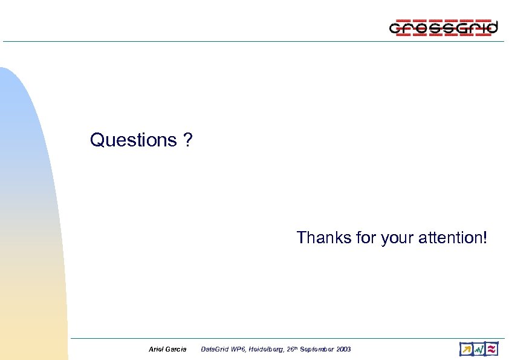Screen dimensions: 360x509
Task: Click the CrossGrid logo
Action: pyautogui.click(x=444, y=28)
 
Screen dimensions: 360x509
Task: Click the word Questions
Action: pyautogui.click(x=132, y=140)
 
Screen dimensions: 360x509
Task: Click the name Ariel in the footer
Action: pyautogui.click(x=156, y=350)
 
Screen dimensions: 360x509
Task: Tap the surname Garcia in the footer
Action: pyautogui.click(x=176, y=350)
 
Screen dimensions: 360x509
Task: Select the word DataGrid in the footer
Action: pyautogui.click(x=213, y=350)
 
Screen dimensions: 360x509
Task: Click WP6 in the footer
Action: pyautogui.click(x=238, y=350)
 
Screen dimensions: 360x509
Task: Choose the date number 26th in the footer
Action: pyautogui.click(x=292, y=350)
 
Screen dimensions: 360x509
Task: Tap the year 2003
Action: pyautogui.click(x=343, y=350)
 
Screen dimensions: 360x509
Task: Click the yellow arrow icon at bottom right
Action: pyautogui.click(x=465, y=349)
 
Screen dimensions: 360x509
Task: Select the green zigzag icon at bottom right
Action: pyautogui.click(x=479, y=349)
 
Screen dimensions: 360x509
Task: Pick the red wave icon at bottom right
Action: pyautogui.click(x=492, y=349)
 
